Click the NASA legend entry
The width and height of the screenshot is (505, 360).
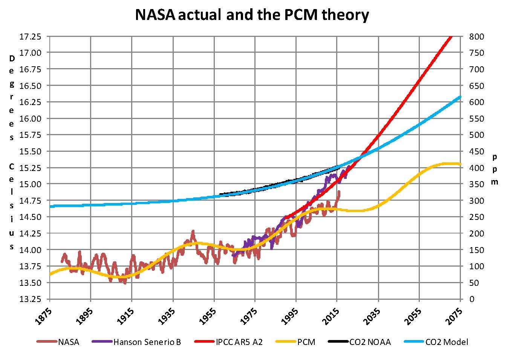point(68,342)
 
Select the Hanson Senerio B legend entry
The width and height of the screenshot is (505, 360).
point(147,342)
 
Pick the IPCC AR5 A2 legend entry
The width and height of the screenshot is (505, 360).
point(239,342)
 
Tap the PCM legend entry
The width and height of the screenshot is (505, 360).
point(306,342)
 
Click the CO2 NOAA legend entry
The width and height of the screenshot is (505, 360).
point(370,342)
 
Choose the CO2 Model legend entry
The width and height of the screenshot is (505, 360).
point(447,342)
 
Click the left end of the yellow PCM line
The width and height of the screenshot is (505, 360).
point(50,274)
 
